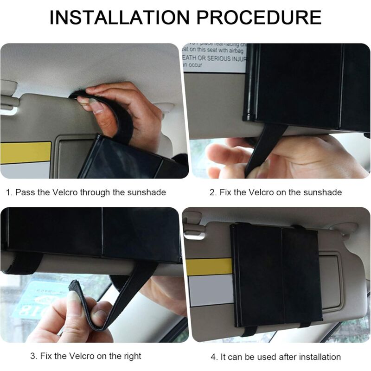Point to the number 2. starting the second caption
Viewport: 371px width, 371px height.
click(x=213, y=192)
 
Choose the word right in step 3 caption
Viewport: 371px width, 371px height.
click(x=132, y=356)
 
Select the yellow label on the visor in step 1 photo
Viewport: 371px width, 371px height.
click(x=26, y=153)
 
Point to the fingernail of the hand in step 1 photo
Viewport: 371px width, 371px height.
click(x=96, y=107)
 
